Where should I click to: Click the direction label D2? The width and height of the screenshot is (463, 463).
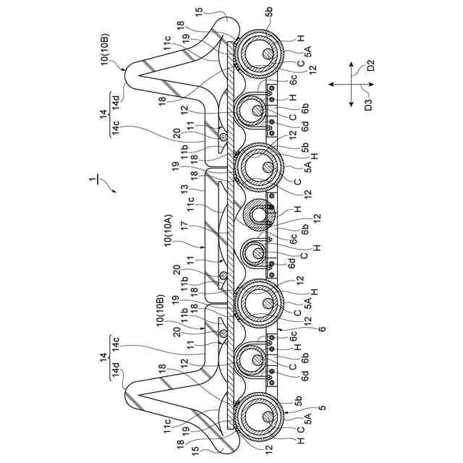click(x=370, y=67)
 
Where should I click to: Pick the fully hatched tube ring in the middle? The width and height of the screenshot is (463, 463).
click(x=257, y=214)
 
